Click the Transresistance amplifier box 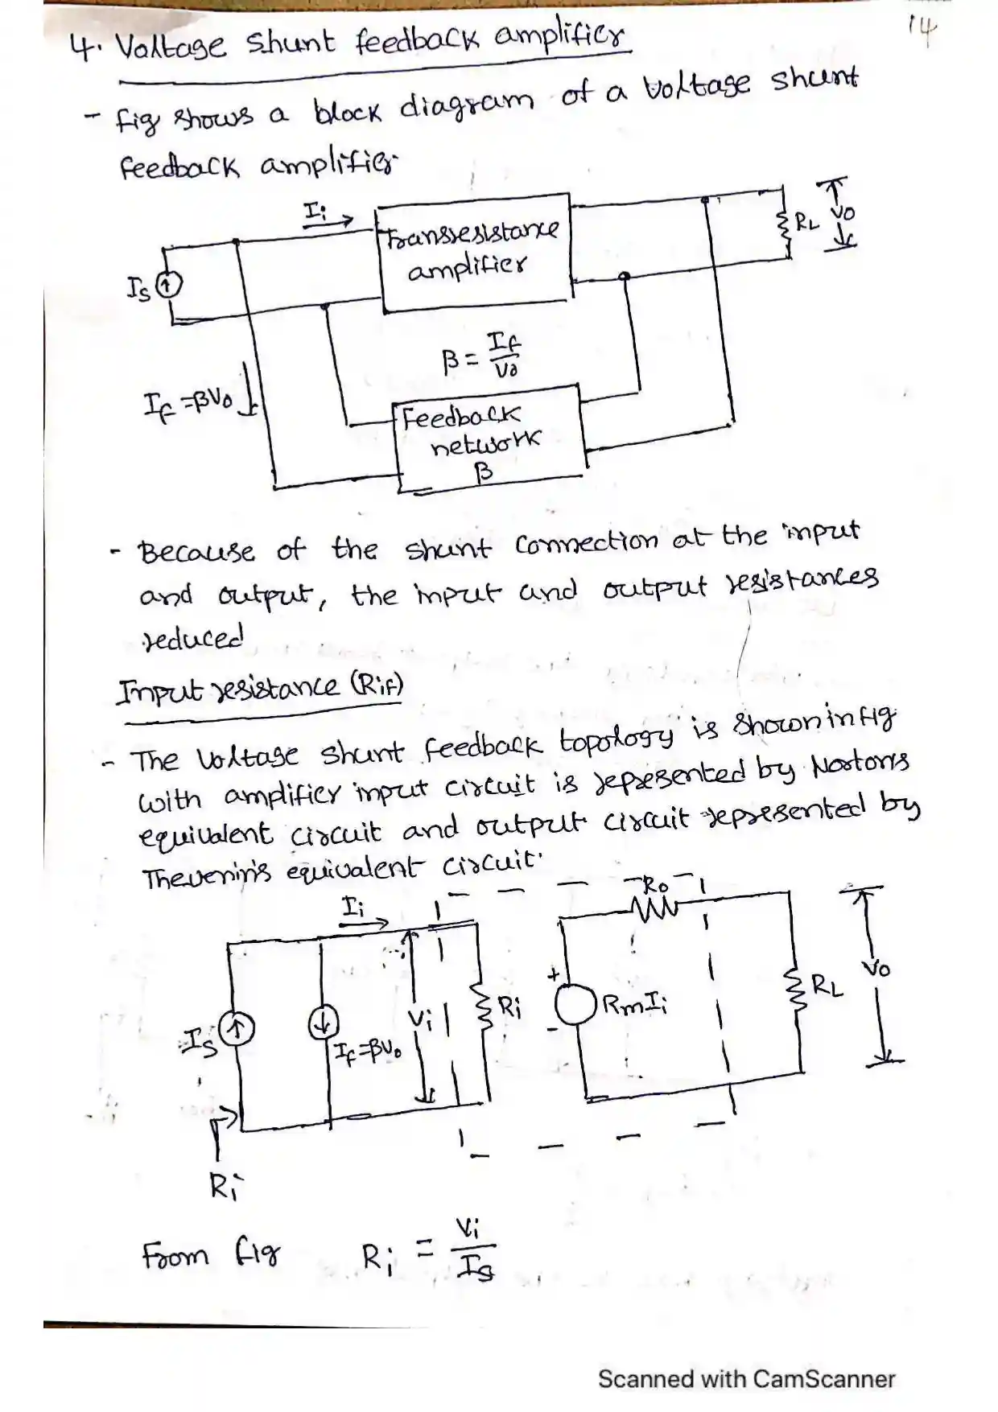coord(475,253)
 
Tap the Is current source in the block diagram coord(170,284)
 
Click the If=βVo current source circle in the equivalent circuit coord(323,1023)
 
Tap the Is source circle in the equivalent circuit coord(237,1029)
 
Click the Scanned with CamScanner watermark coord(746,1379)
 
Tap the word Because coord(196,553)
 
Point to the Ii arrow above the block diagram coord(327,217)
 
